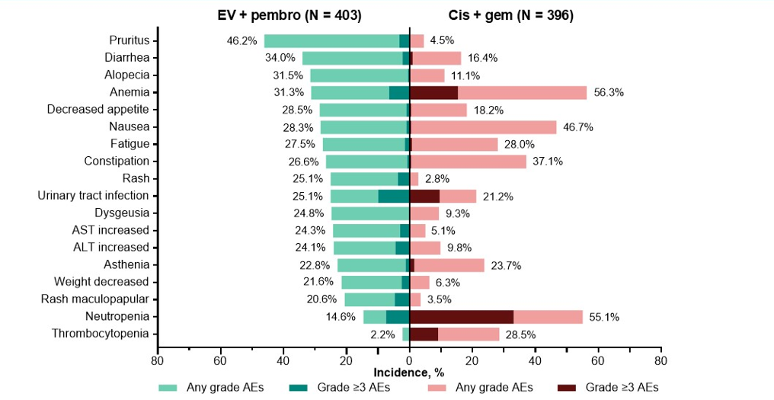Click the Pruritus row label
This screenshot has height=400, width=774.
129,40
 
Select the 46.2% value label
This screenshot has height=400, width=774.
241,41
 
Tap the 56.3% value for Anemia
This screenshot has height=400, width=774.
609,92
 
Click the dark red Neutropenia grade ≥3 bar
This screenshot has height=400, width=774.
461,317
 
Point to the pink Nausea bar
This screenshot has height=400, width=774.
484,127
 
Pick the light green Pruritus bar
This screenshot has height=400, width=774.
331,41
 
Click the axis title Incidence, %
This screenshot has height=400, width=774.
409,373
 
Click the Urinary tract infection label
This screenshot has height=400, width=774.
93,196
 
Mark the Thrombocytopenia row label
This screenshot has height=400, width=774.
101,334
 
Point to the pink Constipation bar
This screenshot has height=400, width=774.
469,162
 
